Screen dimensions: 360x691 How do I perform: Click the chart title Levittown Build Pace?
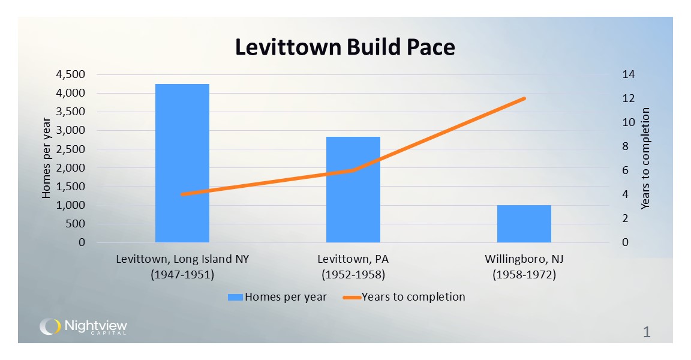point(345,47)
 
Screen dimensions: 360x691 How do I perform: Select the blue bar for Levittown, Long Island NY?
point(182,163)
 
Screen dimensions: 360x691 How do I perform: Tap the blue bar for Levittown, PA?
point(353,190)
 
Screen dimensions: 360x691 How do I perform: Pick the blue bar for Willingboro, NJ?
point(524,224)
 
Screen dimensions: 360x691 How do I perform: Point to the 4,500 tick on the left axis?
point(71,74)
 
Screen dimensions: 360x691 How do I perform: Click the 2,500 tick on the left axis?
point(71,149)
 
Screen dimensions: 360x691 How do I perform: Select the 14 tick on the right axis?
point(628,74)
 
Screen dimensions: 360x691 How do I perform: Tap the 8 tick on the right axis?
point(625,146)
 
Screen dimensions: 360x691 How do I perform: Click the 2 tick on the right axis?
point(625,218)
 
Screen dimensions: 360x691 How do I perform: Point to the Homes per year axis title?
point(46,159)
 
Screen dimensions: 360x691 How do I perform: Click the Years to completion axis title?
point(646,159)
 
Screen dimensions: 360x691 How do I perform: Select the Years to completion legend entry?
point(405,296)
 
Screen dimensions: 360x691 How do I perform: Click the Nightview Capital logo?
point(83,327)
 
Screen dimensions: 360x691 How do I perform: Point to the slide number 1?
point(647,332)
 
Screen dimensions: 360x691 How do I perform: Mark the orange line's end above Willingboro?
point(524,98)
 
